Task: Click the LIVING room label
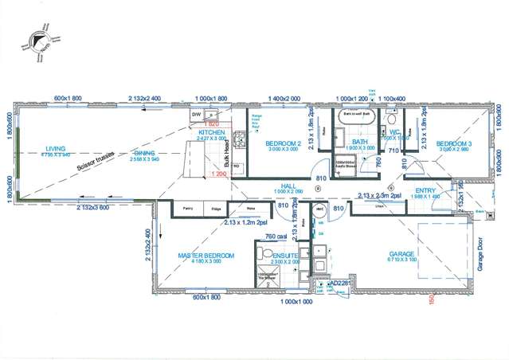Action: click(x=56, y=148)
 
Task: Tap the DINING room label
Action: click(x=144, y=153)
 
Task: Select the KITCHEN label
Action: click(x=212, y=132)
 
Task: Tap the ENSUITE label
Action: click(x=283, y=255)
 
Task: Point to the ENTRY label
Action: click(x=425, y=190)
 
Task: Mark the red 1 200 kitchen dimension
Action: click(x=219, y=174)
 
